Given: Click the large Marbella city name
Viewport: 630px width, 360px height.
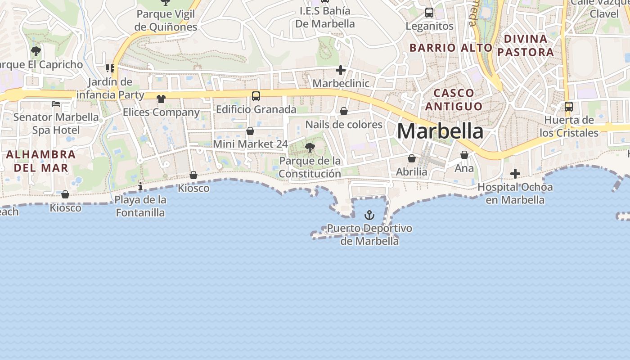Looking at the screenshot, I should coord(440,131).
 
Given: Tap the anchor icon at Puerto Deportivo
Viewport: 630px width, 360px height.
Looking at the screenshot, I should coord(369,215).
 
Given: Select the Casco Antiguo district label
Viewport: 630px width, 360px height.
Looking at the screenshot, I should coord(454,100).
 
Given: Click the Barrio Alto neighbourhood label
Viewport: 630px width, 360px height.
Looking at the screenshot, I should coord(451,48).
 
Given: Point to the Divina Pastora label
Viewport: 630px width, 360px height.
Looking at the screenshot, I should coord(526,45).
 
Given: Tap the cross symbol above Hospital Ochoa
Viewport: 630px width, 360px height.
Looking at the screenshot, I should coord(515,173).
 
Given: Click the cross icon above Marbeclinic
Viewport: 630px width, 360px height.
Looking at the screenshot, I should coord(341,70).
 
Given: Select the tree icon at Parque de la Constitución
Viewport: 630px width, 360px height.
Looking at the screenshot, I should coord(310,147).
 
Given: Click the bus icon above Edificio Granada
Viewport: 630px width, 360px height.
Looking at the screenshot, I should coord(256,96).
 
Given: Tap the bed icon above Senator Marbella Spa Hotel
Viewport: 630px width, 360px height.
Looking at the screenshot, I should coord(56,104).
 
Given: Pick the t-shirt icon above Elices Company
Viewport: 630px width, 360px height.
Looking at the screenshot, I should coord(161,99).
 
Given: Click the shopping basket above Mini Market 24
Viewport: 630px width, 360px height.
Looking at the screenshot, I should coord(250,131).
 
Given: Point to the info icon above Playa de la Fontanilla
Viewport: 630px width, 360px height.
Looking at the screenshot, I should coord(140,186).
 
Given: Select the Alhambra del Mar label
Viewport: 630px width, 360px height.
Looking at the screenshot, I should coord(40,161).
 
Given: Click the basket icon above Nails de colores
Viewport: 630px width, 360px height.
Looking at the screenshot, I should coord(344,111).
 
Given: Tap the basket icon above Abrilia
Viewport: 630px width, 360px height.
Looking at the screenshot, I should coord(412,158).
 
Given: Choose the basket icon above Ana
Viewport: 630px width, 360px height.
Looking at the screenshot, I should coord(464,155).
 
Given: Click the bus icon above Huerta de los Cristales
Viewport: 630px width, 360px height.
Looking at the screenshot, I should coord(569,107).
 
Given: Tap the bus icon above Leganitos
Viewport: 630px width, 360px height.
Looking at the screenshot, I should coord(429,13).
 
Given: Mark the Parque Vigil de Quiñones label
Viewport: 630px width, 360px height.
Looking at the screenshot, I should coord(166,21).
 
